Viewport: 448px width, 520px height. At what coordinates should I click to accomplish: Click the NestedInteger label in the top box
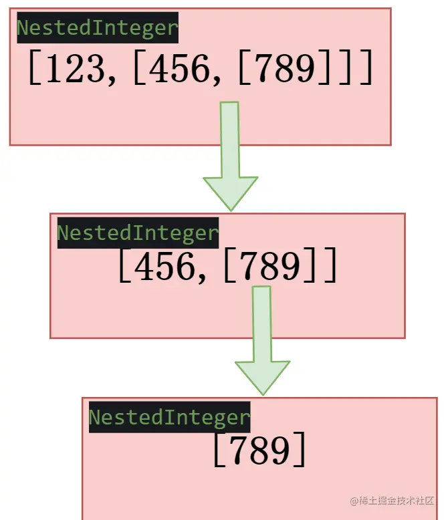point(98,28)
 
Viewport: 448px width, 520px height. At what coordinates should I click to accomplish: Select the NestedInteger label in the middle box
point(138,233)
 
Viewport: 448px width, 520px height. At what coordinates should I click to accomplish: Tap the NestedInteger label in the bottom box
point(169,417)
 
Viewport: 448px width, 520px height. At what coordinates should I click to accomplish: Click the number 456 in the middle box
point(164,267)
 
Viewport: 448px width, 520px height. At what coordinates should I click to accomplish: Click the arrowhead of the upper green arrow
point(230,191)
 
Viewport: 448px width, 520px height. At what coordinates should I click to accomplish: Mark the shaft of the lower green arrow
point(262,323)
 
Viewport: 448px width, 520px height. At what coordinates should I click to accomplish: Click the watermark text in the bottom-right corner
point(392,500)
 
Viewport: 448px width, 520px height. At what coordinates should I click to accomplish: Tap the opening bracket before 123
point(35,68)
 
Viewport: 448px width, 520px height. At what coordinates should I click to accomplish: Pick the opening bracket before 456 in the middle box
point(124,268)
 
